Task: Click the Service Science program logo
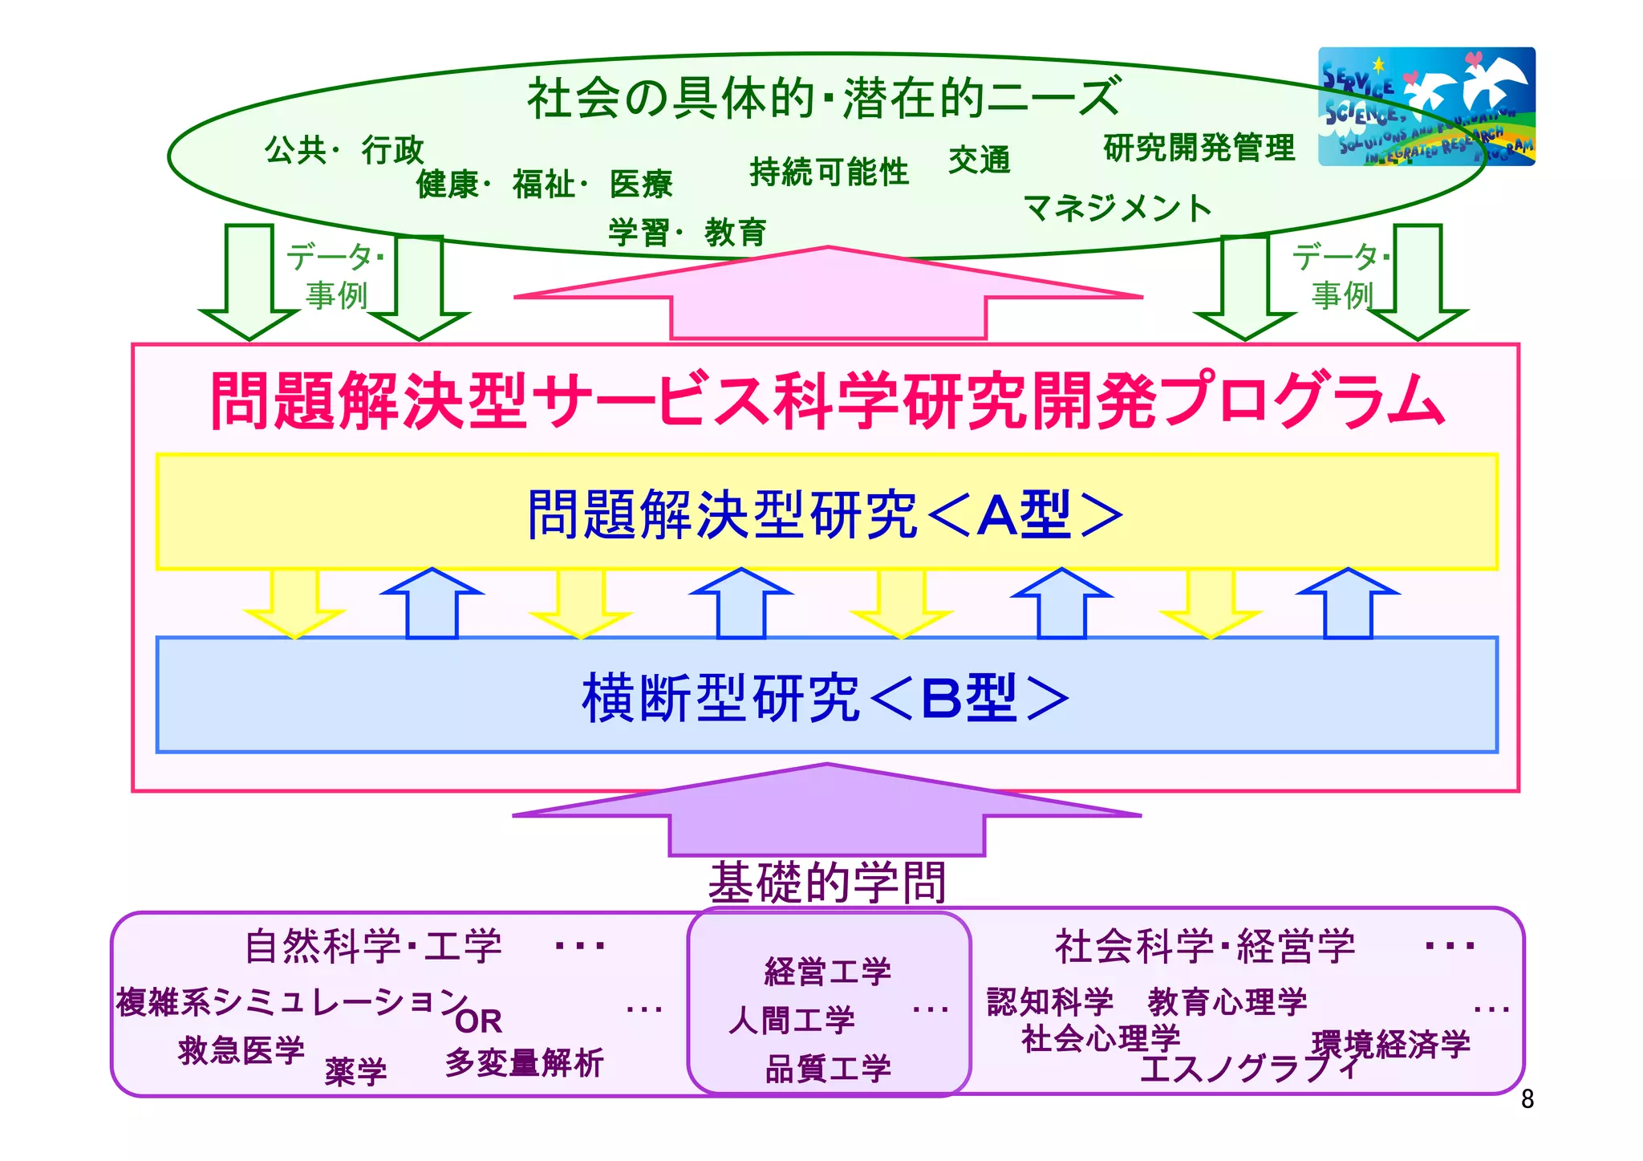(x=1426, y=106)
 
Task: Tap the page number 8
(x=1527, y=1099)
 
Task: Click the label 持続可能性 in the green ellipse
(x=829, y=172)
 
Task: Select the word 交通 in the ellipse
(x=979, y=160)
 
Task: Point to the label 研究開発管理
(x=1199, y=148)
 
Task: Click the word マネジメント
(x=1117, y=209)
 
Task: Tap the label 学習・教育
(x=687, y=233)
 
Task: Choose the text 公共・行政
(x=343, y=150)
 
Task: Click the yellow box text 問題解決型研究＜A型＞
(x=825, y=514)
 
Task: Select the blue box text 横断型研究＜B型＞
(x=825, y=696)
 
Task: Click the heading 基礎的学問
(x=827, y=882)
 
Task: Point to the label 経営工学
(x=828, y=971)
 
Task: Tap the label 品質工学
(x=828, y=1068)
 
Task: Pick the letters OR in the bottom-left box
(x=478, y=1021)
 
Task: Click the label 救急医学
(x=241, y=1049)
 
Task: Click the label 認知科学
(x=1050, y=1001)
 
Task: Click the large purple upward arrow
(x=826, y=812)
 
